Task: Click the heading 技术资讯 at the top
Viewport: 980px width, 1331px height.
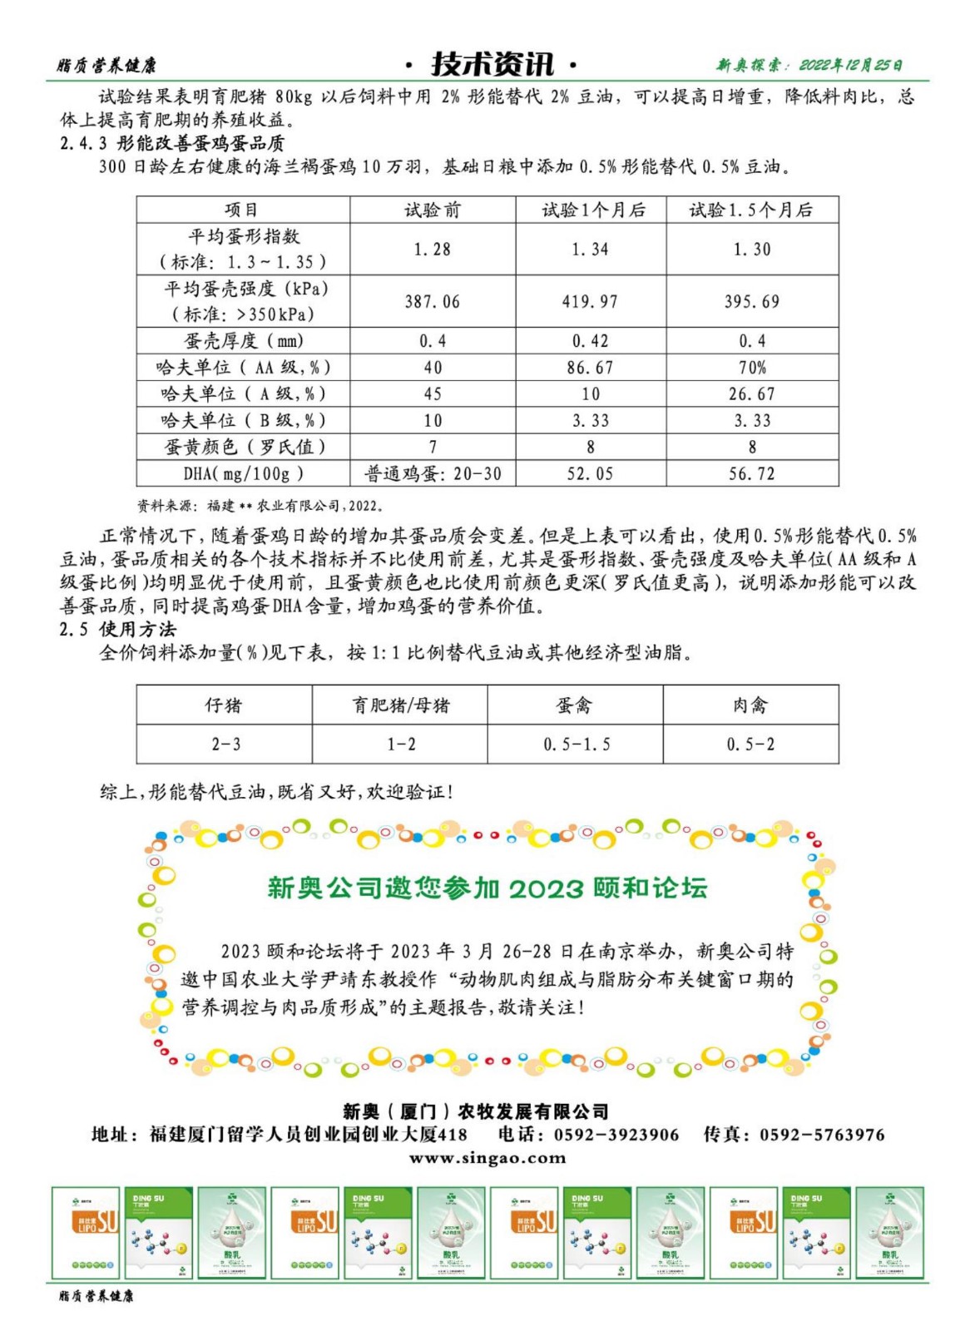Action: [x=492, y=64]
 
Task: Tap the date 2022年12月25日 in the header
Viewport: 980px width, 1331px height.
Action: [x=850, y=65]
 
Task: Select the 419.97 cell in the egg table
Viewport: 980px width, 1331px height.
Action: [x=590, y=302]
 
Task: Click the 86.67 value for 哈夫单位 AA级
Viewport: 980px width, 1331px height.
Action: [x=590, y=368]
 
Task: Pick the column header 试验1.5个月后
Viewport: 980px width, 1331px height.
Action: [x=750, y=210]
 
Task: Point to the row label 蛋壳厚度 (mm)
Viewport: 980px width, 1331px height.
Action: [x=243, y=341]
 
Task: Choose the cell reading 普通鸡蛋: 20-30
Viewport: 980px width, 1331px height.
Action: [x=433, y=474]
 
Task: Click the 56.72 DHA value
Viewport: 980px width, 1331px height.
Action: [x=751, y=474]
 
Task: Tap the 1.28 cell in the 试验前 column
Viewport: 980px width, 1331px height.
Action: [x=432, y=250]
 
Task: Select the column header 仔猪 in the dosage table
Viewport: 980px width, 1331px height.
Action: [x=224, y=706]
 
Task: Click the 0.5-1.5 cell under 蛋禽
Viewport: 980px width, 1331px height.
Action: [x=576, y=745]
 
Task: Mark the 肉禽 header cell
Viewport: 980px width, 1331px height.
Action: [x=750, y=706]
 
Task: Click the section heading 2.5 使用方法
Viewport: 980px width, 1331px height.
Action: [x=118, y=630]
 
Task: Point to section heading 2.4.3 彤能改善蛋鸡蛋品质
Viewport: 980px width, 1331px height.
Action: [x=172, y=143]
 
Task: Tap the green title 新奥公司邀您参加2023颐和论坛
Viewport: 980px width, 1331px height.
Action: [x=487, y=888]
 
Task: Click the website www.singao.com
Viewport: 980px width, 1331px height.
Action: [x=488, y=1158]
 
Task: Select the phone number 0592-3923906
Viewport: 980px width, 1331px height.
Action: [x=616, y=1135]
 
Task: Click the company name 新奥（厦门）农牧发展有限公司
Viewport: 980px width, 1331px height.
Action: [x=476, y=1111]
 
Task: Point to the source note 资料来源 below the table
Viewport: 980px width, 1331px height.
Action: [x=260, y=506]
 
